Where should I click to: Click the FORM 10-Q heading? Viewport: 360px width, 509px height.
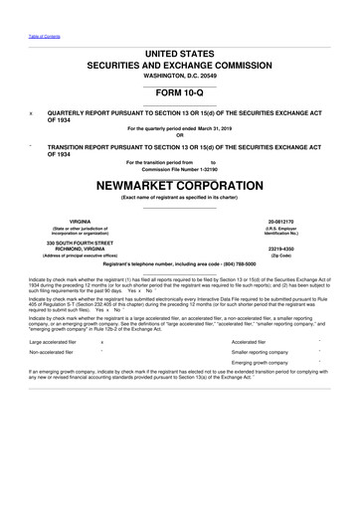pos(179,93)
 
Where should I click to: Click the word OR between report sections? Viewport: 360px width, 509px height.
pos(179,135)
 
